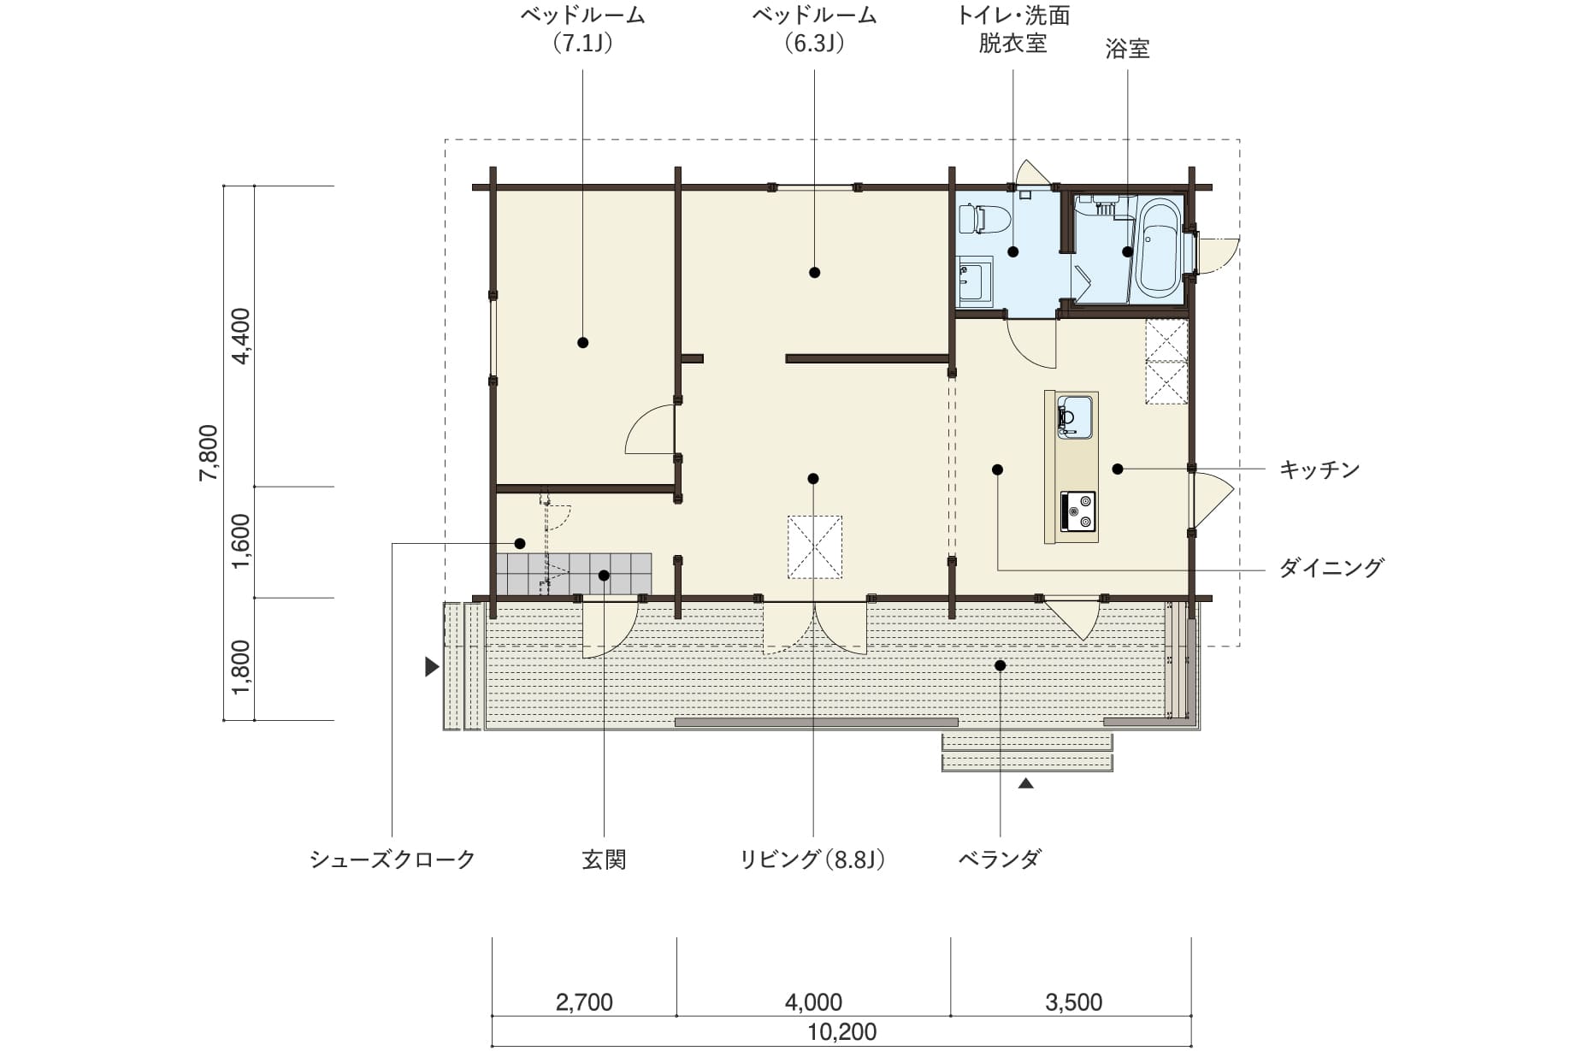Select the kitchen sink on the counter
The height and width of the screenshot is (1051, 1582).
coord(1075,417)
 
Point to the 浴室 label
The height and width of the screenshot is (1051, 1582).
coord(1127,49)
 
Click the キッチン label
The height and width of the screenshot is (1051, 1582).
coord(1319,469)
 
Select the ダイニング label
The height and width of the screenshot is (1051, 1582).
coord(1331,568)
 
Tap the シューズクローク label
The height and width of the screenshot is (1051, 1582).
coord(393,859)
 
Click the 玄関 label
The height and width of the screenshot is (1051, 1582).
coord(605,859)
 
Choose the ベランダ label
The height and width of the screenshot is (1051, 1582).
coord(1000,859)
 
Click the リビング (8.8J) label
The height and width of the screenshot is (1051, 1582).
coord(813,859)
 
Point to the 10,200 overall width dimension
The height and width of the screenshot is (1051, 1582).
coord(841,1032)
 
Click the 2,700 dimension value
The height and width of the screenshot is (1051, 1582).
coord(584,1002)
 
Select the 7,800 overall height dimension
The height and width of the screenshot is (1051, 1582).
coord(209,452)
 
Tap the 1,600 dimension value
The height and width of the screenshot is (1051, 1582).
coord(241,541)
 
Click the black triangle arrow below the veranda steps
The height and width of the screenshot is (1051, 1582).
coord(1026,782)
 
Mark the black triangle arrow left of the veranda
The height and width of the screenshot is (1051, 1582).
coord(433,667)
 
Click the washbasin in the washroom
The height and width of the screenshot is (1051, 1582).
coord(975,280)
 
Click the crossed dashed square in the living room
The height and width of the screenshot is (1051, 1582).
coord(815,547)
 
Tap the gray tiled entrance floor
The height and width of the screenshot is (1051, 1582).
coord(574,574)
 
